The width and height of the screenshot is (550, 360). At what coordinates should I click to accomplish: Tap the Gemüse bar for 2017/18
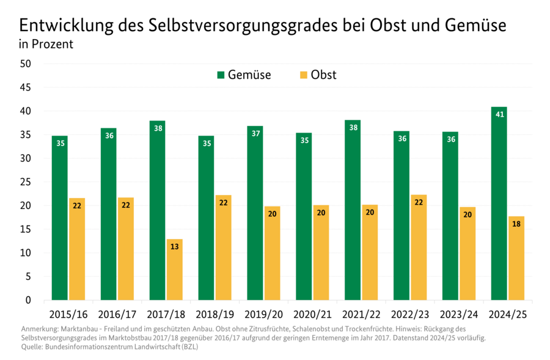tap(157, 210)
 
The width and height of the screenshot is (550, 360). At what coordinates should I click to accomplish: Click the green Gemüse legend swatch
tap(221, 75)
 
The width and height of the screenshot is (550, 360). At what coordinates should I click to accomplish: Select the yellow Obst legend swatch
tap(304, 75)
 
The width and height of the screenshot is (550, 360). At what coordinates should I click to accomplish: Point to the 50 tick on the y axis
tap(26, 64)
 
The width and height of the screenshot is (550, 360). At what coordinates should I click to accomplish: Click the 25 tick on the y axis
tap(26, 182)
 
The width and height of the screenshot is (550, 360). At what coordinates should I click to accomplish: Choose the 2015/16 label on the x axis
tap(68, 315)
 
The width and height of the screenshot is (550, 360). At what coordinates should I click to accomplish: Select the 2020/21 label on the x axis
tap(312, 315)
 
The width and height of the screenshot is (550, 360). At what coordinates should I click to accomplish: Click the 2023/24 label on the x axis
tap(459, 315)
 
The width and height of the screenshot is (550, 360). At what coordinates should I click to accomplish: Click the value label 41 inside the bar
tap(499, 114)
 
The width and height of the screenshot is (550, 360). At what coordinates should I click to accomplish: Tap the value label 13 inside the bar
tap(174, 247)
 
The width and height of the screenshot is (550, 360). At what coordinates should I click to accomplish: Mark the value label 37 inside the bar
tap(255, 133)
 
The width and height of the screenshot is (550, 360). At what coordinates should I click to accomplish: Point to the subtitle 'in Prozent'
tap(46, 45)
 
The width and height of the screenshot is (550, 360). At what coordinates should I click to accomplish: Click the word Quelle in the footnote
tap(32, 346)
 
